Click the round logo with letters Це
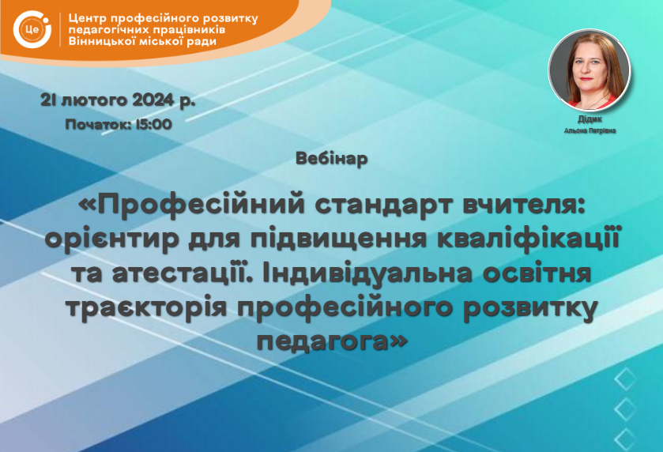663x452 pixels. click(x=32, y=29)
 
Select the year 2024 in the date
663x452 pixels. click(x=153, y=100)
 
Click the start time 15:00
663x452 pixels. click(x=153, y=124)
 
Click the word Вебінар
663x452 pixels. click(x=332, y=159)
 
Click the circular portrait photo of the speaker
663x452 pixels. click(x=590, y=70)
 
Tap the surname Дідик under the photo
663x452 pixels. click(x=590, y=119)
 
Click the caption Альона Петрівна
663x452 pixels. click(x=590, y=131)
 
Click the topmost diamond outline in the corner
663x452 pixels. click(x=625, y=379)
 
